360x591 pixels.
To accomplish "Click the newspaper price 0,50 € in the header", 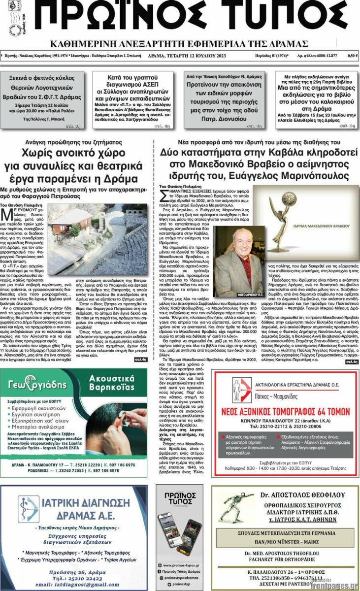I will coord(352,56).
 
